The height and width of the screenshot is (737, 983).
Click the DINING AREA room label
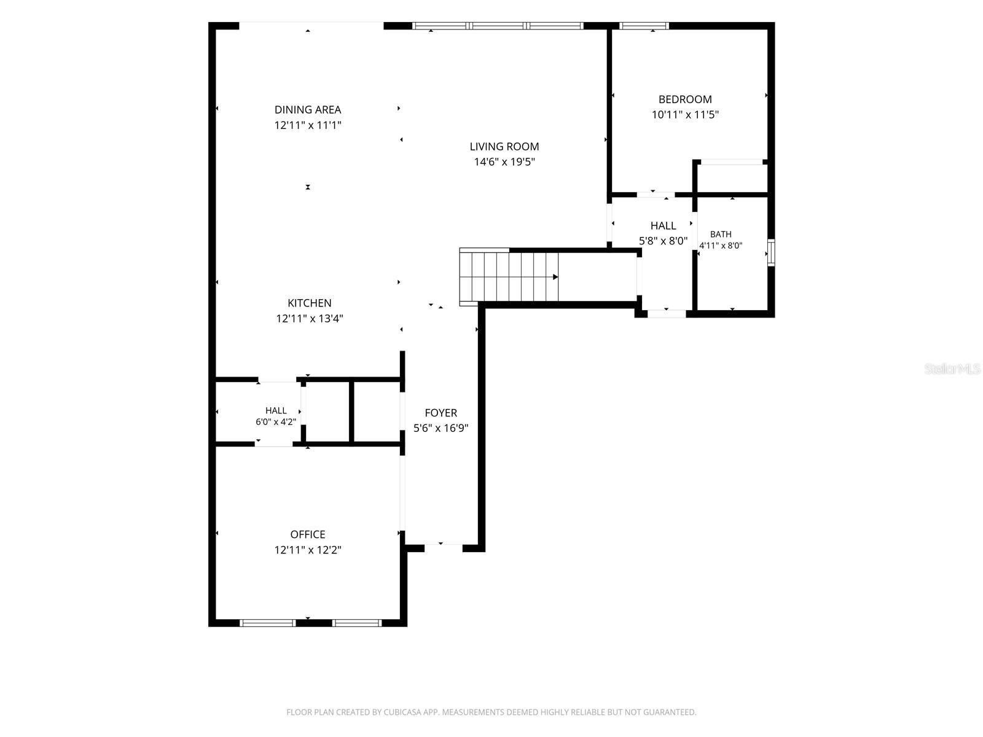[x=308, y=110]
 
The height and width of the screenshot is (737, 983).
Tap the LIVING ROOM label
[x=504, y=146]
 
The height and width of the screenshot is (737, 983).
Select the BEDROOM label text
[x=685, y=99]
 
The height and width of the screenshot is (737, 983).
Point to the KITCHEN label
[x=310, y=303]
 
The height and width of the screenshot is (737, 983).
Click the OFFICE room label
[x=308, y=534]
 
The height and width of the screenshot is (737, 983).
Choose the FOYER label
[x=441, y=413]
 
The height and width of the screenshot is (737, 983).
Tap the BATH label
[x=721, y=234]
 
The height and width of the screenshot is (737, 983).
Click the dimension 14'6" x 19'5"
[x=504, y=162]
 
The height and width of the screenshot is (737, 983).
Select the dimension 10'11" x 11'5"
[x=685, y=115]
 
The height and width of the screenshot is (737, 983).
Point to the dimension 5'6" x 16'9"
[x=441, y=428]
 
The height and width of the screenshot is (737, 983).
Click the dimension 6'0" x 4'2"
[x=276, y=421]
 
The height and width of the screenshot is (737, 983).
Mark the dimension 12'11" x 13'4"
[x=310, y=319]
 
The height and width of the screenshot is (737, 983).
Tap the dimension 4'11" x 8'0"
[x=721, y=245]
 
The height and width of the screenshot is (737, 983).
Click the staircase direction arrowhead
[x=555, y=277]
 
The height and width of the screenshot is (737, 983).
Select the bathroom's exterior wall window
[x=771, y=253]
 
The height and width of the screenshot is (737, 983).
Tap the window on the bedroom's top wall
[x=644, y=26]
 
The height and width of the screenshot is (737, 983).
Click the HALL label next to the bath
[x=663, y=225]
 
